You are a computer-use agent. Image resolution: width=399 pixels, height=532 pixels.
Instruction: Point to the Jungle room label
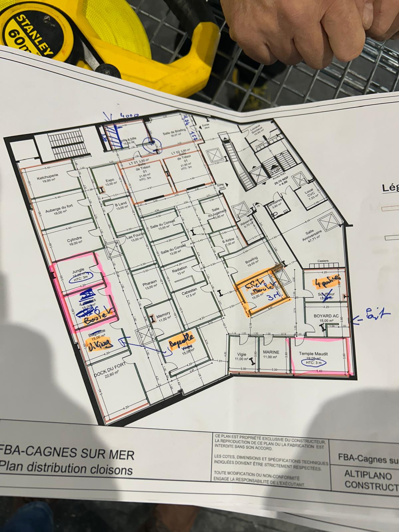(x=78, y=270)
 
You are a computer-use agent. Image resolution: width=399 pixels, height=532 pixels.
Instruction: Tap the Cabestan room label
(x=190, y=290)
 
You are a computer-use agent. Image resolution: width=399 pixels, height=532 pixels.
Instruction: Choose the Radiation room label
(x=180, y=268)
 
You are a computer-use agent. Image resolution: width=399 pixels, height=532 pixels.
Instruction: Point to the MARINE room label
(x=271, y=352)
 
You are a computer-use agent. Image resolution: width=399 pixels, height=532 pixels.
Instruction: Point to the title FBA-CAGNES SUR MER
(x=68, y=454)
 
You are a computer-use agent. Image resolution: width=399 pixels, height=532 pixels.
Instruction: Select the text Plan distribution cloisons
(x=66, y=469)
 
